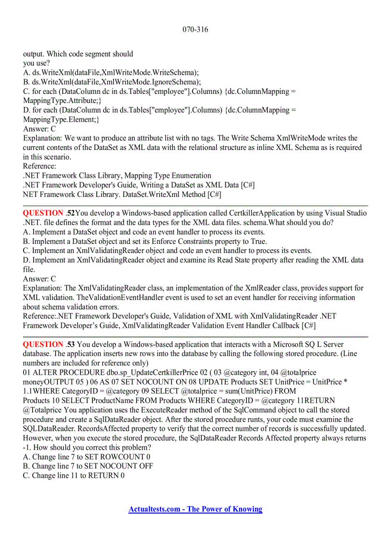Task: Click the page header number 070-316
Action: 195,30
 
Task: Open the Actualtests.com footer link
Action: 195,509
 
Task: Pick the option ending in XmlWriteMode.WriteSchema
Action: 111,73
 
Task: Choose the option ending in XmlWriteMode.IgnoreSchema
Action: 112,82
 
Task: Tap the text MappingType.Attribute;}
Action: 62,101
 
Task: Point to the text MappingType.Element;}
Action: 61,119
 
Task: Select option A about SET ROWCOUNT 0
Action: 87,457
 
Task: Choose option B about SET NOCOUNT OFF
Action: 88,466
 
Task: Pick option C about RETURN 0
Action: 74,476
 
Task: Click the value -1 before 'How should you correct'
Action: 26,447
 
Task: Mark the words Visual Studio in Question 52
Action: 345,213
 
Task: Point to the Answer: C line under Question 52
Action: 39,279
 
